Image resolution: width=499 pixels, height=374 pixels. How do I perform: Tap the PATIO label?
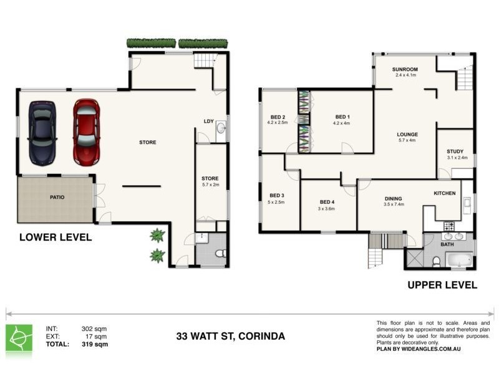point(57,198)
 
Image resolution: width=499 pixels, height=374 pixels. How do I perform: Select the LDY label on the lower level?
point(209,122)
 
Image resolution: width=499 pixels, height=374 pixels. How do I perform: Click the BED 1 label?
point(342,117)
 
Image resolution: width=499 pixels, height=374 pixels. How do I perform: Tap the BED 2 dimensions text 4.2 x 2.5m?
point(278,123)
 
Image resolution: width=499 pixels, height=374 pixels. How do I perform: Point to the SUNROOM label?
point(405,69)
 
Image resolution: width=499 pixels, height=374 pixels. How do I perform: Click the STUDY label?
point(455,151)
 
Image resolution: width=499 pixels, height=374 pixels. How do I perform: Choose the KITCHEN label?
point(445,193)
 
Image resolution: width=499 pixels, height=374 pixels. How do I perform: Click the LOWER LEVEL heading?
point(56,237)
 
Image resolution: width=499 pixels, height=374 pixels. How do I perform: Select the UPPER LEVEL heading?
point(442,285)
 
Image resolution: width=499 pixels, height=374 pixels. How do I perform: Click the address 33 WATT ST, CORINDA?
point(230,337)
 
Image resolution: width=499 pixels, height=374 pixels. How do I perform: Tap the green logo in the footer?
point(19,337)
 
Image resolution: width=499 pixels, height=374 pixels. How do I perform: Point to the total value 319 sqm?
point(94,344)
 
